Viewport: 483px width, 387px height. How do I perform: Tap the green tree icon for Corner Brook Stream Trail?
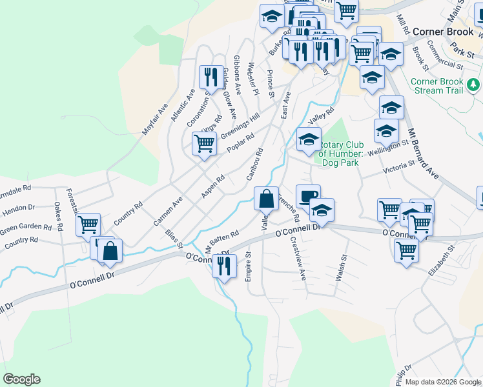pyautogui.click(x=473, y=84)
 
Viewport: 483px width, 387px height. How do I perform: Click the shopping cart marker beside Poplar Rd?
pyautogui.click(x=204, y=144)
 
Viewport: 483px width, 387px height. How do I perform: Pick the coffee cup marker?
pyautogui.click(x=307, y=195)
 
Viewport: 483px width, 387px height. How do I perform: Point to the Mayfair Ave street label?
pyautogui.click(x=154, y=119)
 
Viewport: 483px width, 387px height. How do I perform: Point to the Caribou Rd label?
pyautogui.click(x=254, y=164)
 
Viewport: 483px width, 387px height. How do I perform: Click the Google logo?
pyautogui.click(x=21, y=379)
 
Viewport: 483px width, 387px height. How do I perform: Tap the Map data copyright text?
pyautogui.click(x=443, y=382)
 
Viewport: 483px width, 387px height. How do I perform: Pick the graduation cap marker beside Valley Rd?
pyautogui.click(x=308, y=139)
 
